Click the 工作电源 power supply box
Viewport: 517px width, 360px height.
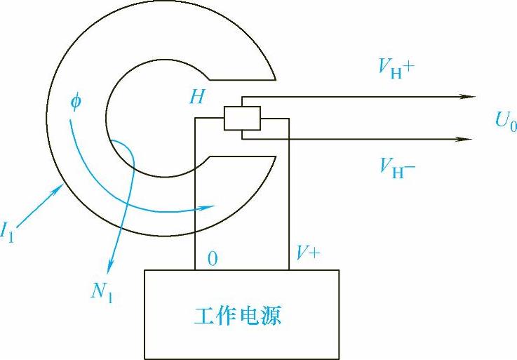pos(241,314)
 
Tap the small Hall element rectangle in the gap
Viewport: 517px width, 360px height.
pos(242,118)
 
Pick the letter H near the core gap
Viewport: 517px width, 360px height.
pos(197,97)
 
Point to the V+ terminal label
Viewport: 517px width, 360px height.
pos(307,255)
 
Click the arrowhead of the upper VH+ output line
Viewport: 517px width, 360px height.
pos(469,96)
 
